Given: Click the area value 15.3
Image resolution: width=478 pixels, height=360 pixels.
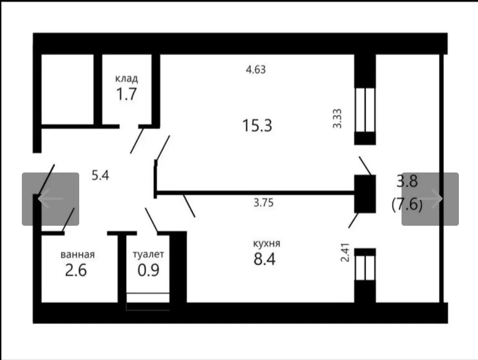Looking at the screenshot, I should point(257,125).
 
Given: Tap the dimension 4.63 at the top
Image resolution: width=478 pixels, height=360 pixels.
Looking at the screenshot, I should point(255,70).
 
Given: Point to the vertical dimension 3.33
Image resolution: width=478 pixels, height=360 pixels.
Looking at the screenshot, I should point(337,118).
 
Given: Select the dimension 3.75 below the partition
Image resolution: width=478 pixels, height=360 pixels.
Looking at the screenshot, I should point(263,203).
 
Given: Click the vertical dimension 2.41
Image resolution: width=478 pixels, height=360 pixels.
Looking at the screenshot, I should point(346,254).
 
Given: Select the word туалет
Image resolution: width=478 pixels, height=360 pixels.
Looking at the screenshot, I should point(148,254).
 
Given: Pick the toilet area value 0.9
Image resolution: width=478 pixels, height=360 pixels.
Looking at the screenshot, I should point(148,270).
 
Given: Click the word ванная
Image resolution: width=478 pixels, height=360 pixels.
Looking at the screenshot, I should point(77,254).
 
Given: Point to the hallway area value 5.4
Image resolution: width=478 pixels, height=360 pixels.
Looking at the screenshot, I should point(101,175).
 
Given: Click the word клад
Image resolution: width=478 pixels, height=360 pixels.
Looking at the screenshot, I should point(126,79).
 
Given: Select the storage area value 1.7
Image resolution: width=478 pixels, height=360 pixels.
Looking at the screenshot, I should point(126,94).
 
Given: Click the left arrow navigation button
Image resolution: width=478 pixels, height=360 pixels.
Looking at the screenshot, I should point(51,199).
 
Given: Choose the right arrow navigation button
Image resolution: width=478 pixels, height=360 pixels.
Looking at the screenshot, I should point(430,199).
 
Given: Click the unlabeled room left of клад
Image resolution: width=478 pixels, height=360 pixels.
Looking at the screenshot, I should point(67,89).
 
